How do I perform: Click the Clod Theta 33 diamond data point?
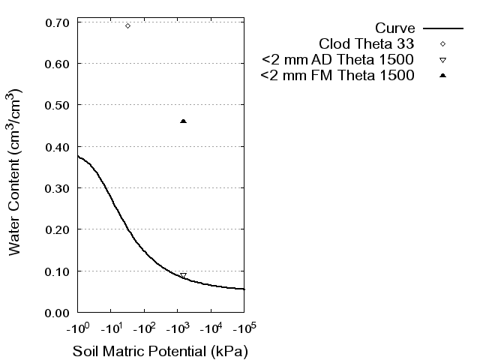(127, 25)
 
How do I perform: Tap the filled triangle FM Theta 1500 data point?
(184, 121)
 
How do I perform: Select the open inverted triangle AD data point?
(183, 276)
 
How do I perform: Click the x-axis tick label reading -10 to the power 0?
(78, 327)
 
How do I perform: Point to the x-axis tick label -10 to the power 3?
(177, 327)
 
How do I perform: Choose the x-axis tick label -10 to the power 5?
(244, 327)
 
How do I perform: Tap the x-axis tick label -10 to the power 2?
(144, 327)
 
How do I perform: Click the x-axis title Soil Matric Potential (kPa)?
(160, 351)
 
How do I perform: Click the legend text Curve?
(395, 28)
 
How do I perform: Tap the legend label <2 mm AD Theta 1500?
(337, 60)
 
